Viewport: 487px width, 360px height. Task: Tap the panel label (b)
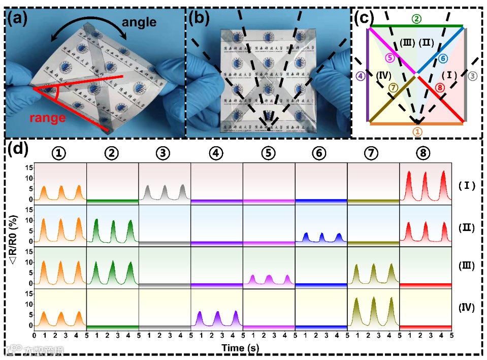(199, 18)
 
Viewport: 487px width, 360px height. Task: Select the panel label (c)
(367, 18)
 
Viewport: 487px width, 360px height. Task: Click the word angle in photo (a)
(138, 22)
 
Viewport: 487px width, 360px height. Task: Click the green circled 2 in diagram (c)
(416, 19)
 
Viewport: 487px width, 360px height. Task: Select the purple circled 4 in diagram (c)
(360, 76)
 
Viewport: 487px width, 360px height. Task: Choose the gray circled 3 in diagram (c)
(472, 76)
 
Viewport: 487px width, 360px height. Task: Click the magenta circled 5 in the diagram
(389, 58)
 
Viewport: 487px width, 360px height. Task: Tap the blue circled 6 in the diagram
(443, 58)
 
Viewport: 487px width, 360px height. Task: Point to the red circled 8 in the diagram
(440, 88)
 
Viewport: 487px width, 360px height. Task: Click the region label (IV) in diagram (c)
(384, 76)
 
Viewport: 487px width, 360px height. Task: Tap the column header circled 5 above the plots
(269, 152)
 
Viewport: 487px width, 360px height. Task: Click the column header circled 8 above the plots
(425, 152)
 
